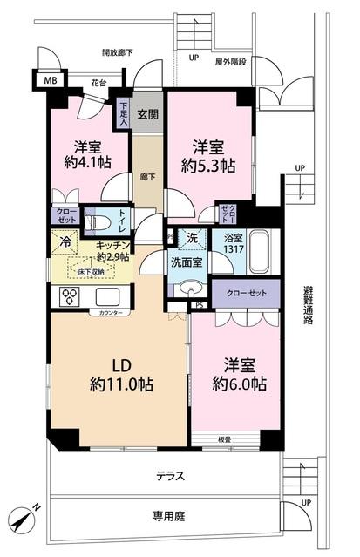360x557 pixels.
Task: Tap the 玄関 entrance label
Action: pyautogui.click(x=147, y=114)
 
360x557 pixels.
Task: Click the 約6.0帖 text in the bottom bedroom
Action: pyautogui.click(x=238, y=384)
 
